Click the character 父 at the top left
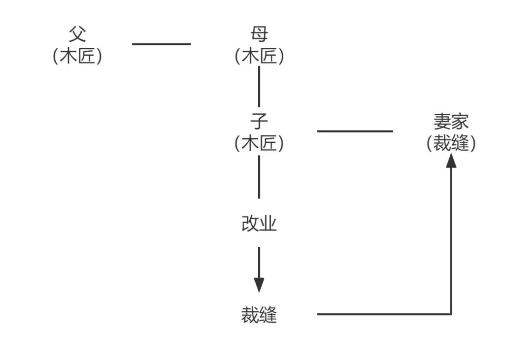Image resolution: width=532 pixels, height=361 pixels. (77, 34)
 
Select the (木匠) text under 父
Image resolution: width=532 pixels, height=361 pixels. (77, 57)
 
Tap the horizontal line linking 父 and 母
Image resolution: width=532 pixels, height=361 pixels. (161, 44)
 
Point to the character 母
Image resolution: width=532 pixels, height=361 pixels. (259, 34)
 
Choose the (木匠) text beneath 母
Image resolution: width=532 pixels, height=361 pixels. (259, 57)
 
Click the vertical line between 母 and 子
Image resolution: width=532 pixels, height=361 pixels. (259, 86)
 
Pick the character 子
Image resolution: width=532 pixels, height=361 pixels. (259, 121)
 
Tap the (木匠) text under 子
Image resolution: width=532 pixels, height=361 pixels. (259, 143)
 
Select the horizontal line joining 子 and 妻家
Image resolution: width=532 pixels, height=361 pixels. (355, 131)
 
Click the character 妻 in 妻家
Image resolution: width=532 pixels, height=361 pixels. (442, 121)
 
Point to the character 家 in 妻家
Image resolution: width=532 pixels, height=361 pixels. (461, 121)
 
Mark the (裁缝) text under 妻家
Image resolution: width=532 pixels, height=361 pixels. (451, 143)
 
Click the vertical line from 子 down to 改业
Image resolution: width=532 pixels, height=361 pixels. (259, 176)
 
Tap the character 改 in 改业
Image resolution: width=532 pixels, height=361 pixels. (250, 224)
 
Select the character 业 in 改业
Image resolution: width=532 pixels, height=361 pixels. (268, 224)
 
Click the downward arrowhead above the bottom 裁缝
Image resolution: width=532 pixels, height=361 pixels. (259, 285)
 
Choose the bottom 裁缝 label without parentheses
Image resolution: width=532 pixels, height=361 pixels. (259, 315)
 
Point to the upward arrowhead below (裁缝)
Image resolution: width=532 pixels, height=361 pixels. (451, 160)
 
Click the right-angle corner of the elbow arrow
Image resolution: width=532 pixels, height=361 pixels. (451, 314)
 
